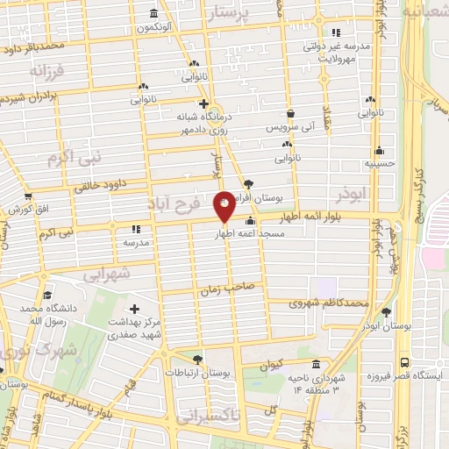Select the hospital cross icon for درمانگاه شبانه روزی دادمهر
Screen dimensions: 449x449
click(x=203, y=103)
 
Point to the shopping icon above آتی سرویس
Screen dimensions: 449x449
click(x=290, y=112)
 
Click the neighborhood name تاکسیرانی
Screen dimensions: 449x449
click(x=207, y=417)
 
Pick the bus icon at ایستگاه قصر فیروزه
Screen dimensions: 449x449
click(x=404, y=361)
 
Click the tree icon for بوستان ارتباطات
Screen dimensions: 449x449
click(x=196, y=359)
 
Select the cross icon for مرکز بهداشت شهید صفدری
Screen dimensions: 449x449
click(x=134, y=309)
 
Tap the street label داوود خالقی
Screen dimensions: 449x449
click(x=101, y=185)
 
